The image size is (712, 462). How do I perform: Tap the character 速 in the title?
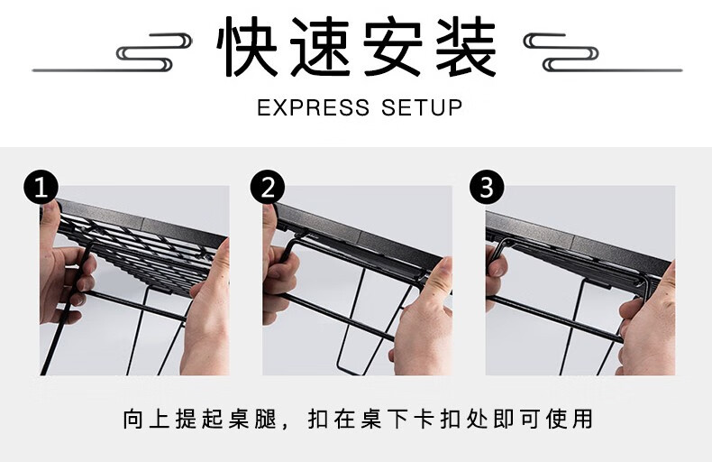click(320, 46)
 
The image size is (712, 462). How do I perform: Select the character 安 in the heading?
click(393, 46)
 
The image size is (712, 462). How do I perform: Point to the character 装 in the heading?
click(466, 46)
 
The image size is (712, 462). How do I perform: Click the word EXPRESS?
click(314, 107)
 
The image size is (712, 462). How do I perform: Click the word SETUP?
click(422, 107)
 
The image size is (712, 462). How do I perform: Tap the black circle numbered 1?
click(41, 187)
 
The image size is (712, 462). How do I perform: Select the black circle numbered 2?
click(268, 187)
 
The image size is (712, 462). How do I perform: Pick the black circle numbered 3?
click(487, 187)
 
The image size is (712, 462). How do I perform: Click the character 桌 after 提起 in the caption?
click(240, 419)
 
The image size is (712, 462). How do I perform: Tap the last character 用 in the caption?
click(582, 419)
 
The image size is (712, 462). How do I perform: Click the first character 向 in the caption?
click(133, 419)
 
